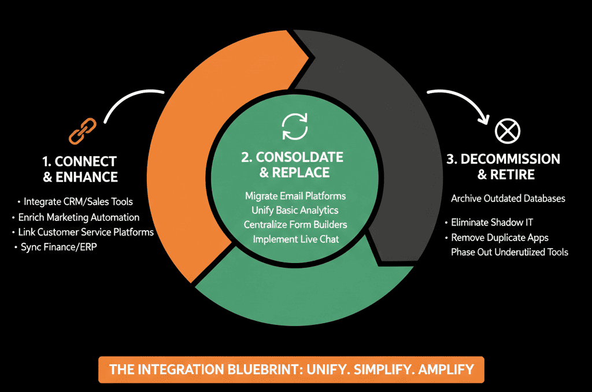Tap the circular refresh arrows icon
295,127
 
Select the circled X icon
508,131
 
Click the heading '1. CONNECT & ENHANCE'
80,169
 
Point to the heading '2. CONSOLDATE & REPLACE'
293,165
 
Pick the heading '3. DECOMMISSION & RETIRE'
504,167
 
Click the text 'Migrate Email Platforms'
295,196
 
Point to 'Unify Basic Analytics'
295,210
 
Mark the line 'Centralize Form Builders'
295,225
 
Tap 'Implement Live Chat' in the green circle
295,239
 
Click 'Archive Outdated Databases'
508,199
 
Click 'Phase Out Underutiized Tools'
509,252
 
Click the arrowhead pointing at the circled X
484,119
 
